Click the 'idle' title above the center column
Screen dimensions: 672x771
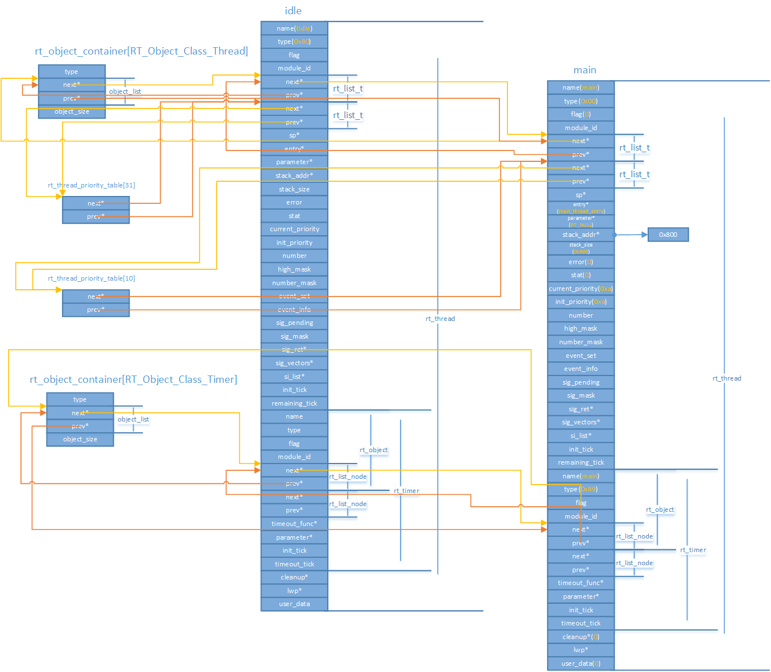tap(293, 11)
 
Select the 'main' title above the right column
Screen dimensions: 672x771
tap(585, 70)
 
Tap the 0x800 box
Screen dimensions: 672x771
tap(668, 235)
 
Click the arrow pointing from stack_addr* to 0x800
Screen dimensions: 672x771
tap(631, 235)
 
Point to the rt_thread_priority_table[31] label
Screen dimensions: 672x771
tap(91, 185)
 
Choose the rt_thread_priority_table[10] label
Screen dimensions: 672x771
tap(91, 278)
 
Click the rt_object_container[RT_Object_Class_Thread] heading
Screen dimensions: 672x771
tap(141, 51)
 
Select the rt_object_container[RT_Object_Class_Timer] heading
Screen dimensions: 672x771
tap(134, 379)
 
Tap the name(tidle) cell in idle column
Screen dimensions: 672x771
tap(294, 28)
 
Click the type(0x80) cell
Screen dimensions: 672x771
tap(294, 41)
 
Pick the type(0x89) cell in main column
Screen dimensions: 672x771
tap(581, 489)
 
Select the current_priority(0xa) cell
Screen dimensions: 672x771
tap(581, 289)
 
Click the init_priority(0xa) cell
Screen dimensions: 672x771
tap(581, 302)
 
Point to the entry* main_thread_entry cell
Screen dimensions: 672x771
tap(581, 208)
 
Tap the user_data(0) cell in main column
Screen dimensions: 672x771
tap(581, 663)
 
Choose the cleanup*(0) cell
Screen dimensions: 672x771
tap(581, 637)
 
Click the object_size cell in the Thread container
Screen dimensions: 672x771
tap(72, 112)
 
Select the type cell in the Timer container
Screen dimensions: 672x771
tap(80, 399)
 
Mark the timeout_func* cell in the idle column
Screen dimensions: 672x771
tap(294, 524)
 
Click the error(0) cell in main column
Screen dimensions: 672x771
tap(581, 262)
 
